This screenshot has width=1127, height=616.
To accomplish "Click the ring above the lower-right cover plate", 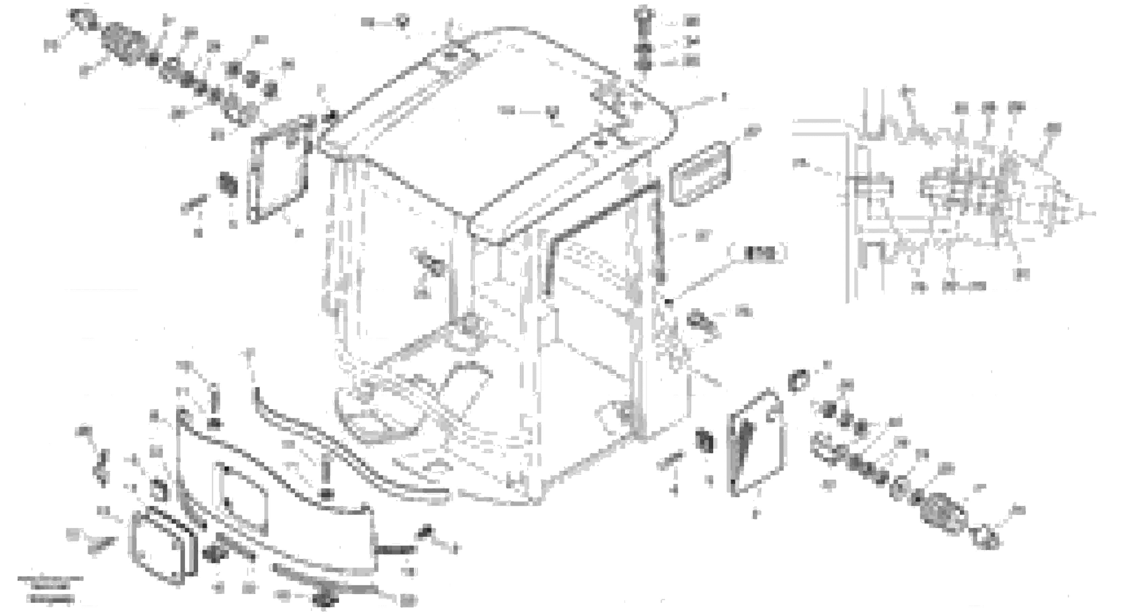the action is point(799,380).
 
